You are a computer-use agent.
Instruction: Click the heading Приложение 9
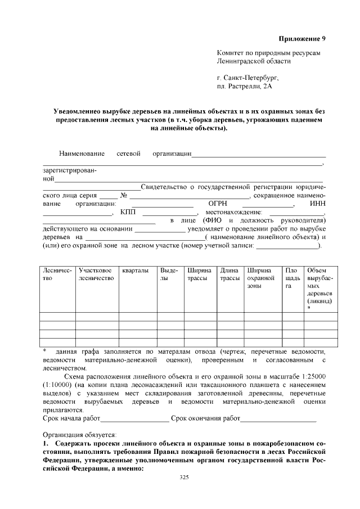(302, 39)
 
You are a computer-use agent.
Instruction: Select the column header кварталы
(136, 271)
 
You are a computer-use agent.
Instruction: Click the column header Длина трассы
(229, 274)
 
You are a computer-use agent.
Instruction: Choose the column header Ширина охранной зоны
(262, 278)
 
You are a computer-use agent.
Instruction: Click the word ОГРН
(218, 204)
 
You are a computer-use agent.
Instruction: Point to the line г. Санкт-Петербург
(247, 78)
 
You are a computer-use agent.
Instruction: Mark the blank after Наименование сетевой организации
(259, 154)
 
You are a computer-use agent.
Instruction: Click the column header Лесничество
(57, 274)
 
